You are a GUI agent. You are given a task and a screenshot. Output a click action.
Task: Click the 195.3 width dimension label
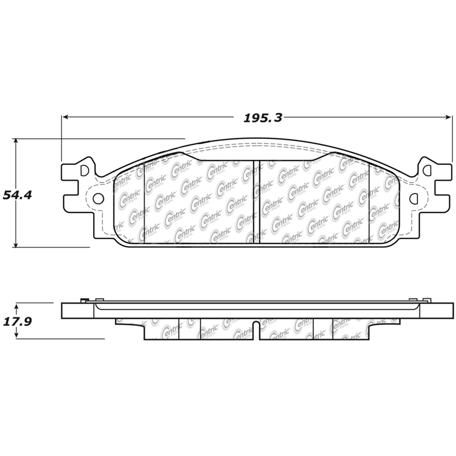[x=263, y=118]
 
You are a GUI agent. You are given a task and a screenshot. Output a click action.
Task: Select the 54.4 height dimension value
[x=17, y=195]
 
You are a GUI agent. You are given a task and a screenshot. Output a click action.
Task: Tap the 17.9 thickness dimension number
[x=17, y=321]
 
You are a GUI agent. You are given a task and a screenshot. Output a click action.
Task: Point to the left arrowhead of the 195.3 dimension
[x=65, y=117]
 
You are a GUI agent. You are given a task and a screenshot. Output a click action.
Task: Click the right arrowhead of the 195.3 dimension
[x=449, y=117]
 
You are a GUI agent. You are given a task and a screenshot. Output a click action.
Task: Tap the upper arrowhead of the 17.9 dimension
[x=16, y=306]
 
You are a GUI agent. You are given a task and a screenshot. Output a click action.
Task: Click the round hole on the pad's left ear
[x=98, y=199]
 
